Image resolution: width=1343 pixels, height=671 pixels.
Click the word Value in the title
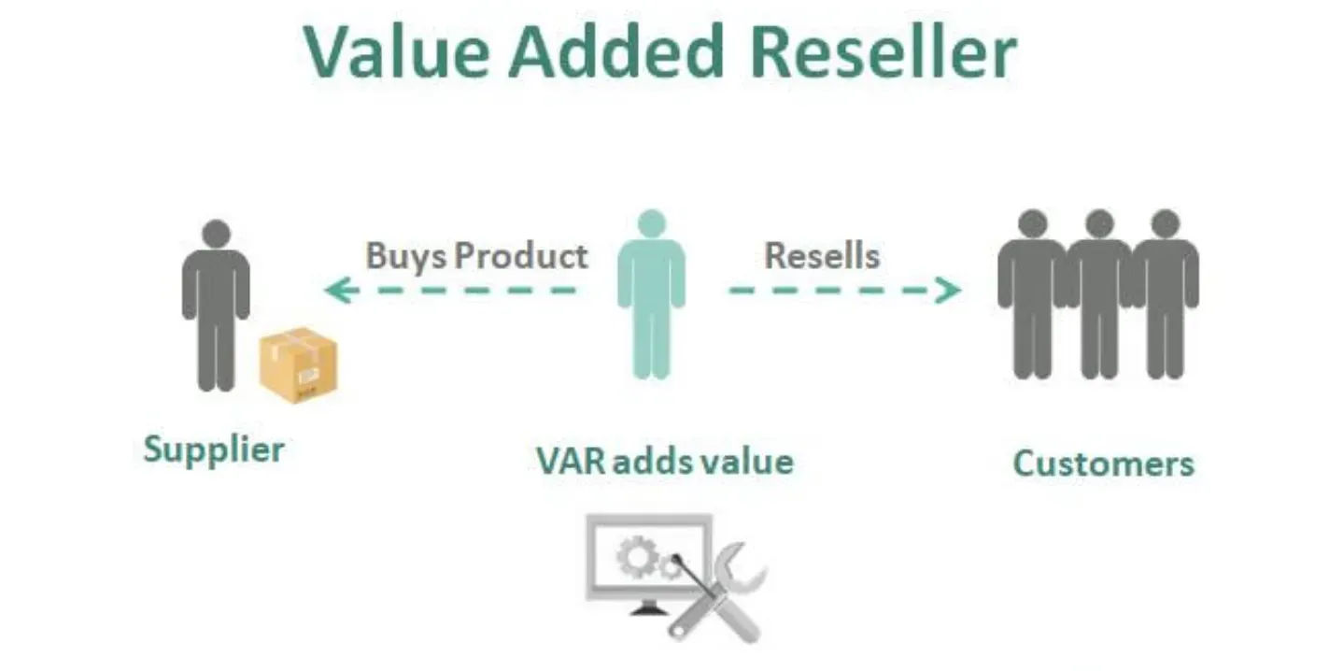(396, 51)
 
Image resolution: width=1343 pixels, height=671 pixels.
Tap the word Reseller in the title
(883, 51)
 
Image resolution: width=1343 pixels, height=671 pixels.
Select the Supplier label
(214, 450)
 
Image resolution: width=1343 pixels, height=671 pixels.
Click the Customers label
(1103, 464)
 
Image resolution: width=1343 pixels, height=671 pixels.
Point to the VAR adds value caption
(665, 461)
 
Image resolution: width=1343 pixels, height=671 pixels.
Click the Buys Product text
(476, 255)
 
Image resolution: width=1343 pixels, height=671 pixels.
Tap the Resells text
(822, 255)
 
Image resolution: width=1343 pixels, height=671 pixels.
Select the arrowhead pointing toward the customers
(951, 291)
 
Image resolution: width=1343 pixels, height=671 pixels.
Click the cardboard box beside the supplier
(299, 366)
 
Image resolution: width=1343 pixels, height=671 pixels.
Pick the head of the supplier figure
(216, 234)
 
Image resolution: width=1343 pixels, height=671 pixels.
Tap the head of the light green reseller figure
(651, 223)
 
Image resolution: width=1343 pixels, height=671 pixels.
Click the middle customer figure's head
(1099, 223)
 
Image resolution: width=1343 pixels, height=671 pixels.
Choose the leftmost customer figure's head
(1032, 223)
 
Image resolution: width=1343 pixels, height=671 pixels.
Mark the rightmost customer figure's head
(1165, 223)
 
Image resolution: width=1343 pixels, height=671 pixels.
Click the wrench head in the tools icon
(746, 564)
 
